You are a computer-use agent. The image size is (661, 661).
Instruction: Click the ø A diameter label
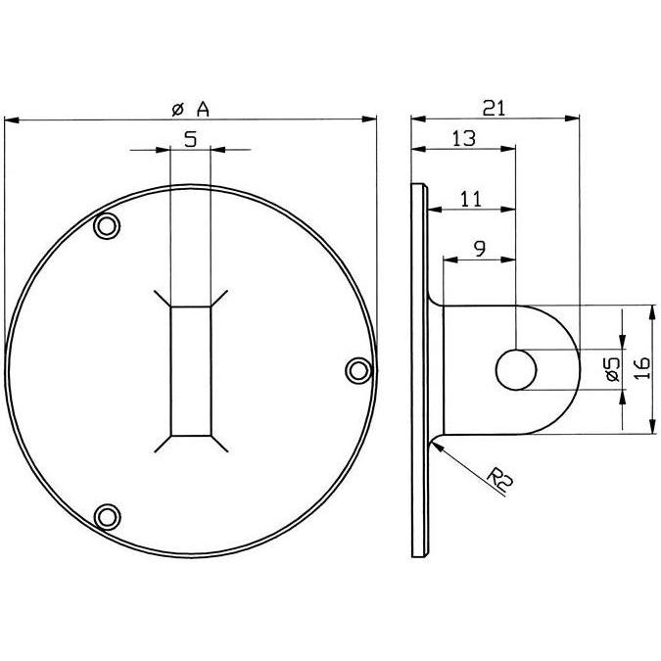191,110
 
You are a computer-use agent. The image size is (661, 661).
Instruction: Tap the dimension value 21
494,109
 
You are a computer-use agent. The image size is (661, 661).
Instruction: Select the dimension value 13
464,138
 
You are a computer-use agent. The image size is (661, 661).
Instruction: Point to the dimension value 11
470,199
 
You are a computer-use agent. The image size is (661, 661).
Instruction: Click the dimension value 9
480,249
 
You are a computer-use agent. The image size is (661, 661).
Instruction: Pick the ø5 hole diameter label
613,369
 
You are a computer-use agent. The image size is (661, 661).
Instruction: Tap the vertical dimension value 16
642,368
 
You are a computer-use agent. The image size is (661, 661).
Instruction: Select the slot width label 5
191,139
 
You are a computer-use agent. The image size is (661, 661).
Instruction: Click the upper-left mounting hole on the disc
106,226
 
